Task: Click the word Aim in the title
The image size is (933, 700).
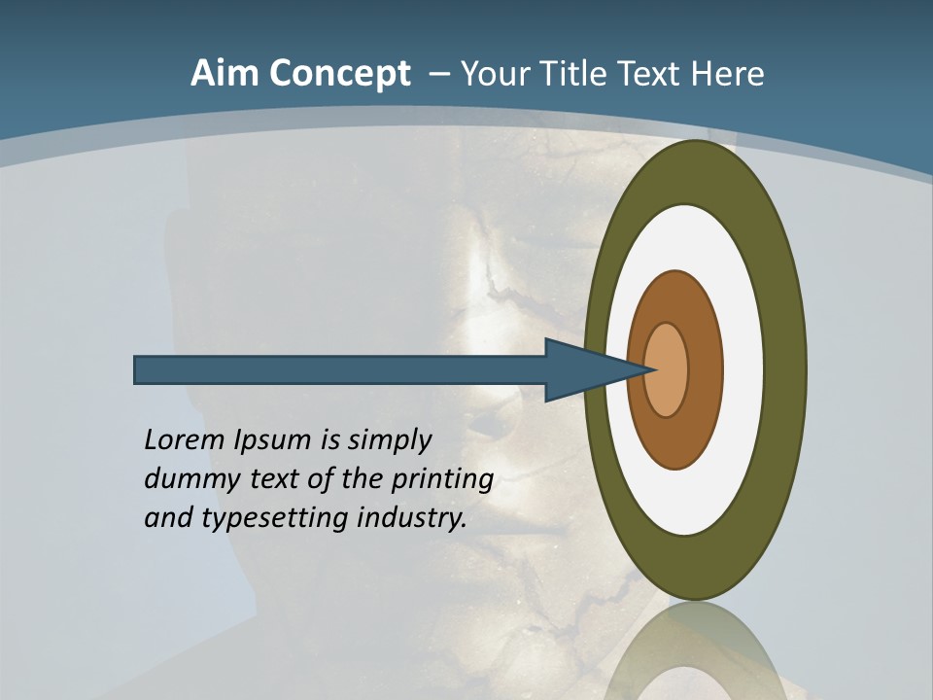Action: tap(224, 74)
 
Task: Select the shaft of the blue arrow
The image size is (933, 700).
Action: tap(340, 370)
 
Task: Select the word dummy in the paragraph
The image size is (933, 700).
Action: tap(189, 479)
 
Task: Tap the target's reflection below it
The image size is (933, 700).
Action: tap(695, 651)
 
